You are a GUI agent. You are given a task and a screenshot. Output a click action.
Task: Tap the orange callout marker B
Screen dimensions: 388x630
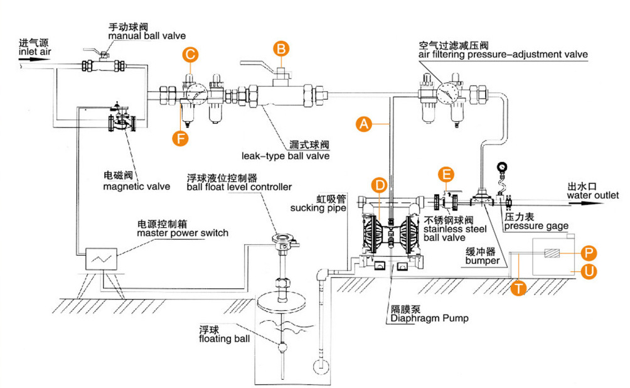coord(282,48)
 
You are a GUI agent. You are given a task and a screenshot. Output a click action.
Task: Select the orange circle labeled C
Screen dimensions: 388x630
coord(190,55)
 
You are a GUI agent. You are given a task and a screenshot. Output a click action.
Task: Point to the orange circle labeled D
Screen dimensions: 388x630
coord(378,185)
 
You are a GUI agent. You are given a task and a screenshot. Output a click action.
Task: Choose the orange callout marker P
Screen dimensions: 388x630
coord(588,252)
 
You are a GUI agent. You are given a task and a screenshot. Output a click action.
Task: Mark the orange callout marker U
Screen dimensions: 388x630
coord(588,272)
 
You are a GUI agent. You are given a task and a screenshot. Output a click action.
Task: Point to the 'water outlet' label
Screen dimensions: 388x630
coord(592,196)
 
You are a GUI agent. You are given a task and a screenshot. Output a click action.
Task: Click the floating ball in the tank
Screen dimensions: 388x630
coord(282,343)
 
